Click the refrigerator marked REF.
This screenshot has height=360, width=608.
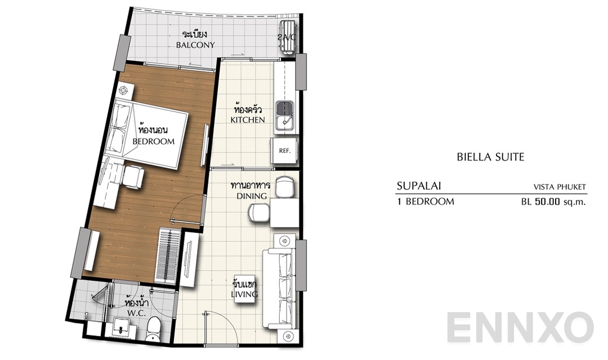point(284,151)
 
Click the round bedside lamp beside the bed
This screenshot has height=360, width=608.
point(124,91)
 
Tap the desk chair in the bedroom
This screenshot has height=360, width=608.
point(134,177)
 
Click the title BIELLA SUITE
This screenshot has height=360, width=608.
point(490,157)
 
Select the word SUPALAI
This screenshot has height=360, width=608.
point(418,186)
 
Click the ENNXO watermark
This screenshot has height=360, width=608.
point(521,328)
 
